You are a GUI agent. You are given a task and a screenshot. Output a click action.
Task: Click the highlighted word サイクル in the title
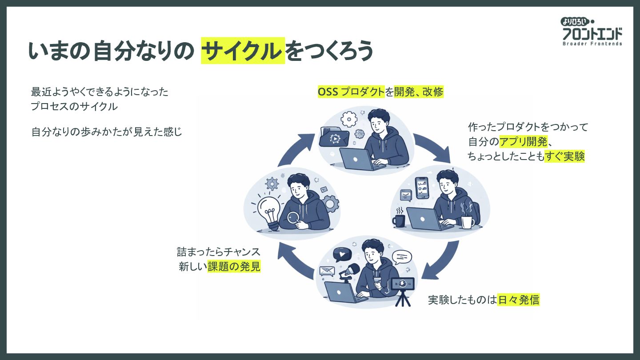pyautogui.click(x=243, y=51)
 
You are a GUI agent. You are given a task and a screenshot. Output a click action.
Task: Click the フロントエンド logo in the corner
pyautogui.click(x=592, y=32)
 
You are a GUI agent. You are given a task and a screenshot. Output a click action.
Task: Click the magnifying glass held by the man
pyautogui.click(x=293, y=218)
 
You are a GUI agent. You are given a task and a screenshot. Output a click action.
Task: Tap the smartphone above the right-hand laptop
pyautogui.click(x=421, y=188)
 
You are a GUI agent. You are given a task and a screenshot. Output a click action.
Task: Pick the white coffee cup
pyautogui.click(x=467, y=220)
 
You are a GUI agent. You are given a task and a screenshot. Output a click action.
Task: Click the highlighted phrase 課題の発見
pyautogui.click(x=234, y=267)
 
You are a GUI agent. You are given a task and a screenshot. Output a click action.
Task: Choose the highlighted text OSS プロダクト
pyautogui.click(x=351, y=92)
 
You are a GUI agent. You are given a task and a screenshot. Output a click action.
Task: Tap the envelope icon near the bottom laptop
pyautogui.click(x=327, y=271)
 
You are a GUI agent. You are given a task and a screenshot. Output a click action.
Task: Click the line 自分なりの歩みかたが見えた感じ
pyautogui.click(x=107, y=132)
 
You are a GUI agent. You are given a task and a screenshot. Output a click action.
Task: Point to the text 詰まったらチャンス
pyautogui.click(x=219, y=252)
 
